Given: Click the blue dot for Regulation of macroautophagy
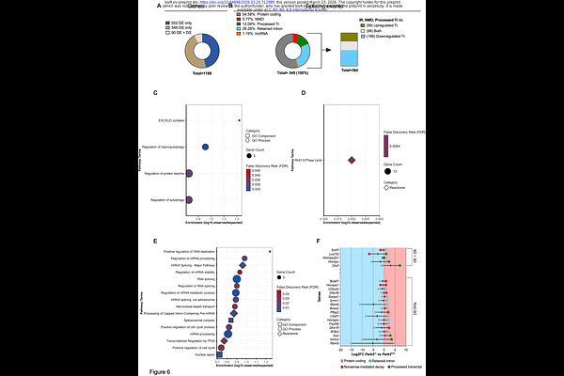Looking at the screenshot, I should pyautogui.click(x=207, y=148).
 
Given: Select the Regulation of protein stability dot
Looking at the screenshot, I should pyautogui.click(x=190, y=174).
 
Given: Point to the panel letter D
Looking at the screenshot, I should pyautogui.click(x=303, y=94).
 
